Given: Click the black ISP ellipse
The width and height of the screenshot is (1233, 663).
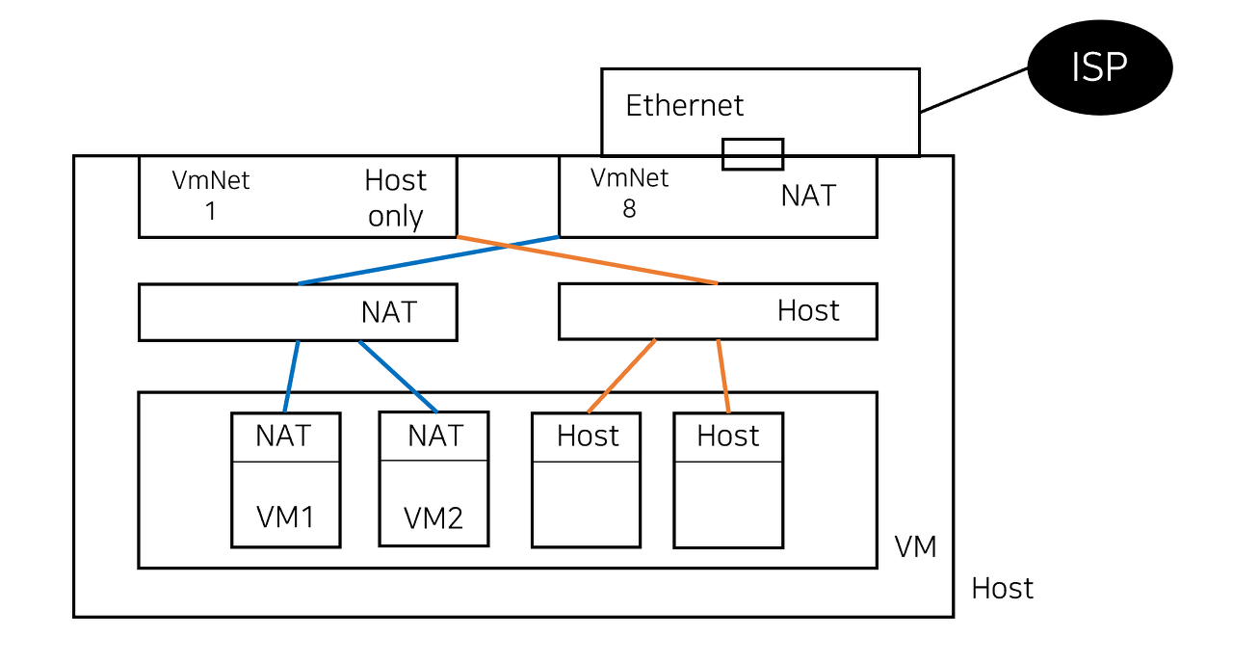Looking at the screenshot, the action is click(x=1100, y=67).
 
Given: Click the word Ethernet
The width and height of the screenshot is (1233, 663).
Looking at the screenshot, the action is click(x=684, y=105).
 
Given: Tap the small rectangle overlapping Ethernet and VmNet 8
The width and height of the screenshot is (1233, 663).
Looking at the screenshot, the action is click(x=752, y=154).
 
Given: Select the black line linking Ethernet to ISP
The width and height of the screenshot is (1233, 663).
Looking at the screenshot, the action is click(x=974, y=90).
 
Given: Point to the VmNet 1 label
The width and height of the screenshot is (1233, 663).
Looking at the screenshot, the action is click(x=211, y=196).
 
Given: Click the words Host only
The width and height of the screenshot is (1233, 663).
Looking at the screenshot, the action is click(x=395, y=198).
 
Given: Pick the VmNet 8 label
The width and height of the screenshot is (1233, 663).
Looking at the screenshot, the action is click(x=629, y=193).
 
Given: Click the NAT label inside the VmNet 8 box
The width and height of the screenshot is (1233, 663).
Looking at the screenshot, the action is click(x=808, y=196).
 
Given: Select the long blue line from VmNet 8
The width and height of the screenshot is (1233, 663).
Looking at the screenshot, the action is click(x=429, y=260).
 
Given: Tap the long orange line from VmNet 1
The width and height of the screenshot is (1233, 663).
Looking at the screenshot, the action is click(x=588, y=260).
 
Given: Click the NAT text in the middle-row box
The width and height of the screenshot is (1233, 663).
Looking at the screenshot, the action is click(x=388, y=312).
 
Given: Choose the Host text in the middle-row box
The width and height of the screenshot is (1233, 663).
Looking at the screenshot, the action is click(x=808, y=310).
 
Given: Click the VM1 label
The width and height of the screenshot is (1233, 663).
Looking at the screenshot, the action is click(x=285, y=517).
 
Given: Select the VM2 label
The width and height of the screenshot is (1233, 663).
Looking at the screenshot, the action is click(x=433, y=518).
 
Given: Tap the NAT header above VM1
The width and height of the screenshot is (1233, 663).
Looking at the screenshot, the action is click(x=283, y=437).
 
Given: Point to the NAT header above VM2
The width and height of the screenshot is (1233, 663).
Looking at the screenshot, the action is click(x=435, y=437).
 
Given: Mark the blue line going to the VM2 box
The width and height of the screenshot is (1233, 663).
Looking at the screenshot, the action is click(x=398, y=377).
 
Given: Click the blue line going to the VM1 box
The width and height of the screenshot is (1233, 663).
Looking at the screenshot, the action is click(x=291, y=377).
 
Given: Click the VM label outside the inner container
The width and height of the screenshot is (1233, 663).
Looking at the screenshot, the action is click(x=915, y=547).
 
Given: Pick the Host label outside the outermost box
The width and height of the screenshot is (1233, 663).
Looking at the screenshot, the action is click(x=1003, y=589).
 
